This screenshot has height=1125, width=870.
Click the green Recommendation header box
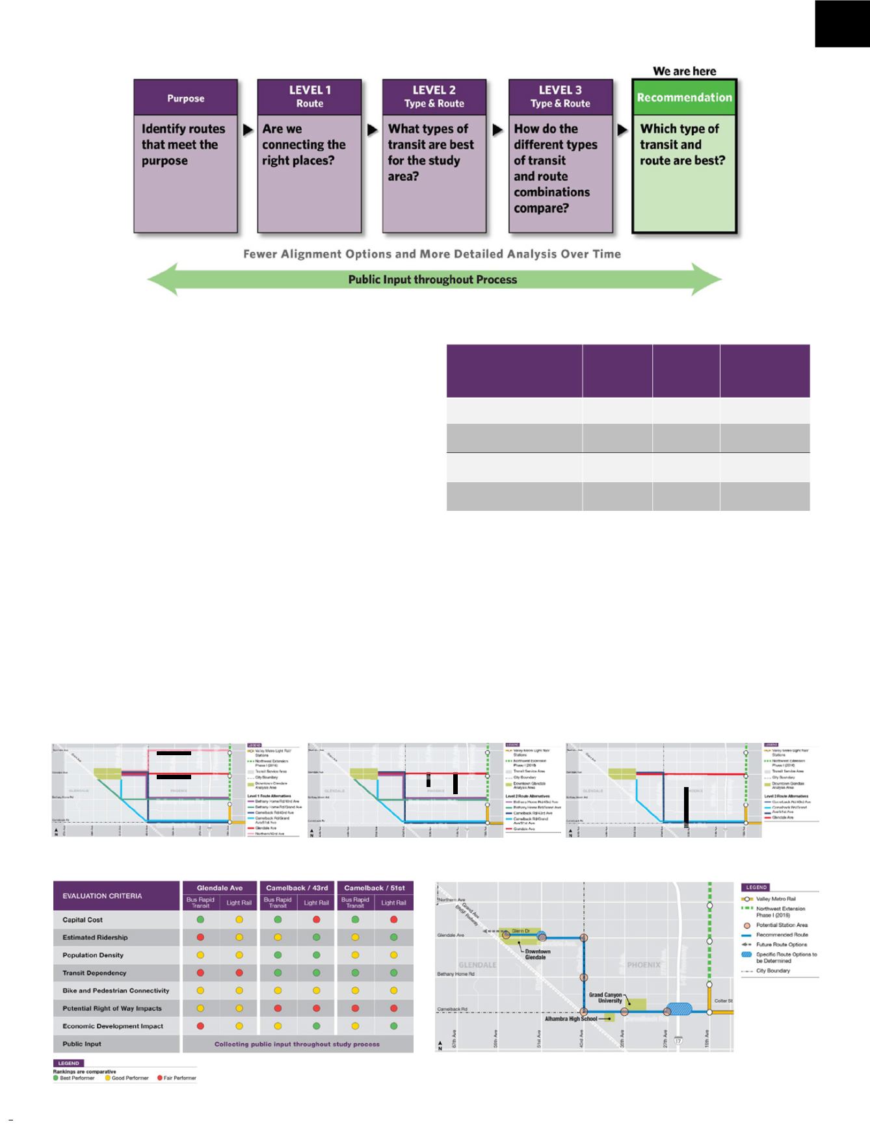tap(684, 97)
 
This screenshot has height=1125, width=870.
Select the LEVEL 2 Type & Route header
tap(434, 97)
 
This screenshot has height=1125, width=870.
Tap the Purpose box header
tap(185, 98)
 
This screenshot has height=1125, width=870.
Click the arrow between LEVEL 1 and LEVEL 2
tap(372, 130)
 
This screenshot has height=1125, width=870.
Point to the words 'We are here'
tap(684, 71)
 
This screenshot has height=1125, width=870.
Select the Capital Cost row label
tap(83, 920)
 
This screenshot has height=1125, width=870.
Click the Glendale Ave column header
tap(220, 888)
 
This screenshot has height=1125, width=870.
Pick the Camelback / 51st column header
tap(375, 888)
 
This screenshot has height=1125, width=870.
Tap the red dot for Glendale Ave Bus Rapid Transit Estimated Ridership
tap(200, 937)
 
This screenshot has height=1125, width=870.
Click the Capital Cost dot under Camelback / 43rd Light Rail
tap(316, 920)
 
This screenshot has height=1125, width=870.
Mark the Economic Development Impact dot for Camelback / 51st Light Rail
tap(393, 1026)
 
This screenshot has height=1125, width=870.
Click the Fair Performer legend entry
tap(177, 1078)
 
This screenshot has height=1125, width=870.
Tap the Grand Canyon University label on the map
tap(605, 998)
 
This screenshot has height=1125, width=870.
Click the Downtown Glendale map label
tap(537, 954)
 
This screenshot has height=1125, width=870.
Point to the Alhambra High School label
tap(571, 1018)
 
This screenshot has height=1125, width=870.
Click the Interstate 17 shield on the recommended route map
tap(679, 1041)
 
